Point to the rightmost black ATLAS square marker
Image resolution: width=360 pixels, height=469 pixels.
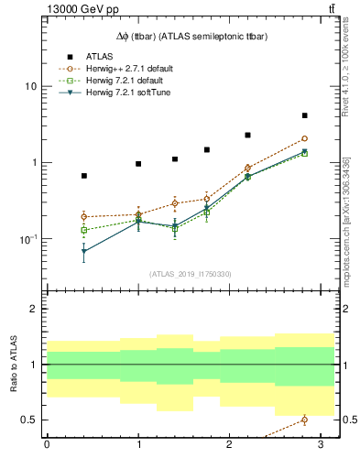point(304,116)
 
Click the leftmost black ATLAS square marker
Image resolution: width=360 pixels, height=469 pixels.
point(84,176)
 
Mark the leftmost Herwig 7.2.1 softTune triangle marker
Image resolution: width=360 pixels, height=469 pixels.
point(84,251)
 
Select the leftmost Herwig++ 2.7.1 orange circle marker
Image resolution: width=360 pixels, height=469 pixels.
point(84,217)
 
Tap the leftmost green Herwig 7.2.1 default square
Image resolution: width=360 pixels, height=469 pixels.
point(84,230)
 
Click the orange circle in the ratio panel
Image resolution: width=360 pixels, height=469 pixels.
point(304,420)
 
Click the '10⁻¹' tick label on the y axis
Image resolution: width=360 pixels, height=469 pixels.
point(27,239)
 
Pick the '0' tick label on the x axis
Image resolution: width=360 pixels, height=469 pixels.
point(47,444)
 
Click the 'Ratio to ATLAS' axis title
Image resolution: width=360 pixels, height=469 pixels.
point(12,365)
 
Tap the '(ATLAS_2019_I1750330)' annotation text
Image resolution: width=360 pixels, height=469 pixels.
point(191,274)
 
